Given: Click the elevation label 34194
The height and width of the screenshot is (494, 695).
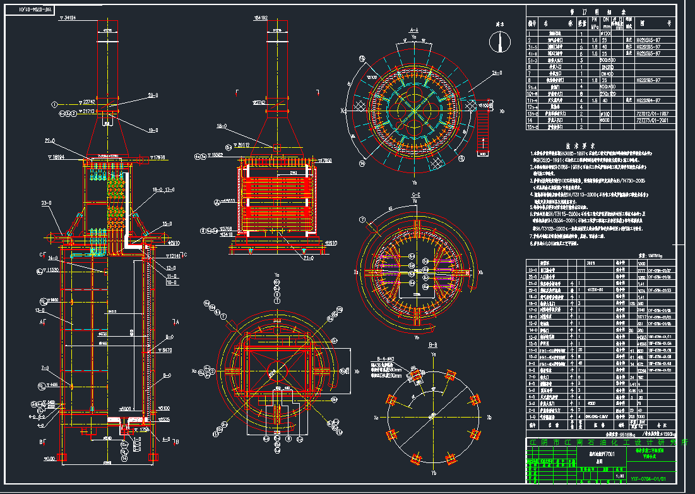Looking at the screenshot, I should click(68, 18).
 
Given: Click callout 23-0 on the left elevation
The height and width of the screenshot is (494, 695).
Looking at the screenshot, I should click(45, 203).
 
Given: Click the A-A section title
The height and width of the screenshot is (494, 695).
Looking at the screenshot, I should click(415, 30).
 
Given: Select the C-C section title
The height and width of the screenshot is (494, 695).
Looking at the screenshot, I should click(415, 194).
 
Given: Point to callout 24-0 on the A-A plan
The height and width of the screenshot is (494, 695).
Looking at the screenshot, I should click(497, 73).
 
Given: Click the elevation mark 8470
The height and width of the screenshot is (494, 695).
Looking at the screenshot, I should click(167, 349).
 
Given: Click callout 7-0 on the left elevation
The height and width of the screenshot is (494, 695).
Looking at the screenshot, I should click(44, 368).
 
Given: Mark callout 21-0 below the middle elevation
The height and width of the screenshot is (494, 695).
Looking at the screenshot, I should click(309, 258).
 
